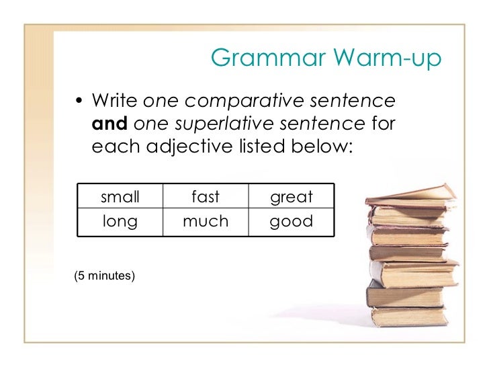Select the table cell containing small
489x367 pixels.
point(120,197)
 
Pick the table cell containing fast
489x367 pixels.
point(206,197)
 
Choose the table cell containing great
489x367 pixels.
point(291,197)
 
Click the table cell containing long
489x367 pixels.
point(120,220)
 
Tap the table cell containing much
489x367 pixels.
point(206,220)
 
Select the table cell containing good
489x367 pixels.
point(291,220)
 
